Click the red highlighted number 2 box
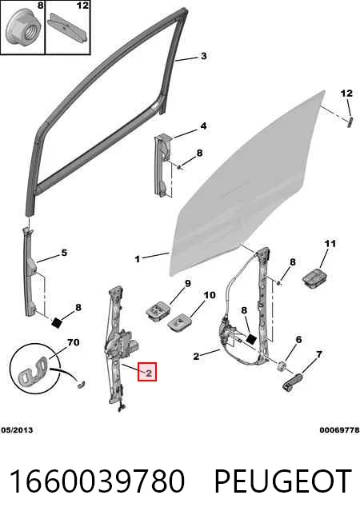click(147, 372)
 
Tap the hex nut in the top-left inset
click(24, 29)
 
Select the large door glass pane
click(247, 183)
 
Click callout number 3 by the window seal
click(203, 56)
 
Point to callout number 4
click(203, 126)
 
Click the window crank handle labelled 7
click(293, 381)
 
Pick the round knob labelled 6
click(282, 366)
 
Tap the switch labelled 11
click(314, 277)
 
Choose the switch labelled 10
click(179, 323)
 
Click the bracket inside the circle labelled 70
click(34, 371)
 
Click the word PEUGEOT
click(282, 481)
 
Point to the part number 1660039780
click(97, 481)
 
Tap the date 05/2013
click(17, 430)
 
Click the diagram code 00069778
click(340, 430)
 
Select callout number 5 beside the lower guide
click(64, 253)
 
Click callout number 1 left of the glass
click(137, 259)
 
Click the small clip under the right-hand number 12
click(350, 122)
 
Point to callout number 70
click(73, 342)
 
